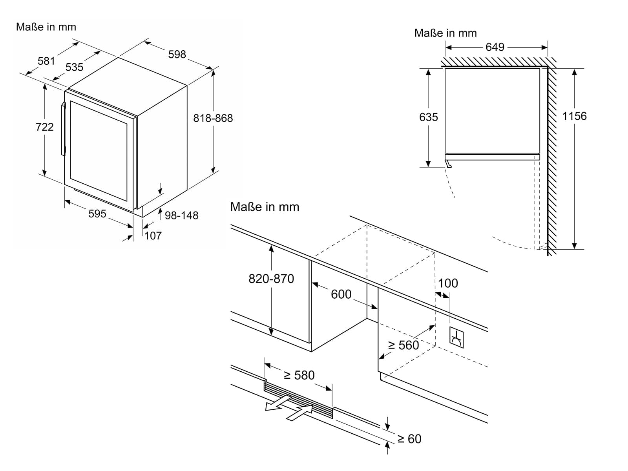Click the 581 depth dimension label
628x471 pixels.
click(x=46, y=61)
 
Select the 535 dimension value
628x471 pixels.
click(x=75, y=67)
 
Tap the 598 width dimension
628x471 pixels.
click(x=177, y=54)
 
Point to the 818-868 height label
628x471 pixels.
click(x=213, y=118)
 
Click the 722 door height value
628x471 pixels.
click(x=45, y=127)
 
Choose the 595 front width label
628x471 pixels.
click(x=97, y=214)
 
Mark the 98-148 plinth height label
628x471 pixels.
click(x=181, y=215)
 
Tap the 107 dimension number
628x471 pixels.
click(x=153, y=236)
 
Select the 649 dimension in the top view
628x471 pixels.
click(x=495, y=47)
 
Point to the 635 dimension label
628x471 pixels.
click(x=428, y=117)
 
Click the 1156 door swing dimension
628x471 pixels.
click(x=575, y=116)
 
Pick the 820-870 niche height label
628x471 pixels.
click(x=271, y=279)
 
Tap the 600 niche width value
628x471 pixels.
click(x=341, y=294)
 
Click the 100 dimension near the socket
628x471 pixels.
click(x=448, y=283)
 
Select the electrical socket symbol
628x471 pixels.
click(x=456, y=338)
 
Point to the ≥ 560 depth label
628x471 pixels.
click(x=403, y=345)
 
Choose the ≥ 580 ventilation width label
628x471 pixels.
click(x=299, y=375)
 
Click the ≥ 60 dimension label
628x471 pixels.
click(x=409, y=439)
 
